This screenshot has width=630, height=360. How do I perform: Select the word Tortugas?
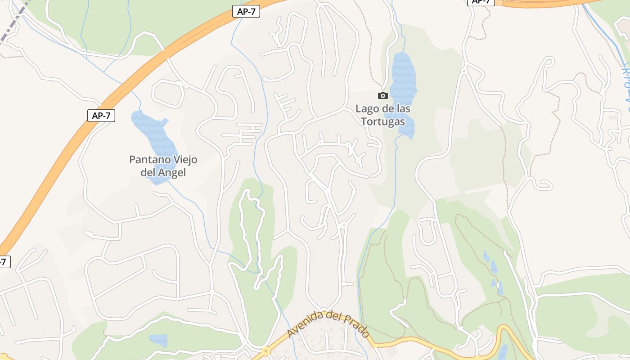[x=382, y=121]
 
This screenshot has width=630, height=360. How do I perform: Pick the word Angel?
[x=171, y=172]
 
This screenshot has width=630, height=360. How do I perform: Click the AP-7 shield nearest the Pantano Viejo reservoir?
[x=101, y=116]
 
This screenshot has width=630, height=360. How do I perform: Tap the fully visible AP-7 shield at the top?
[x=246, y=12]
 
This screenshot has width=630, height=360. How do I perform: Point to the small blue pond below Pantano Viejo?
[x=158, y=340]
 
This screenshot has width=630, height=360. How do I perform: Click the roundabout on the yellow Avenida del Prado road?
[x=266, y=351]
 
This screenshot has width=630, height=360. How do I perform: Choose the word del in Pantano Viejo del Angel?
[x=148, y=172]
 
